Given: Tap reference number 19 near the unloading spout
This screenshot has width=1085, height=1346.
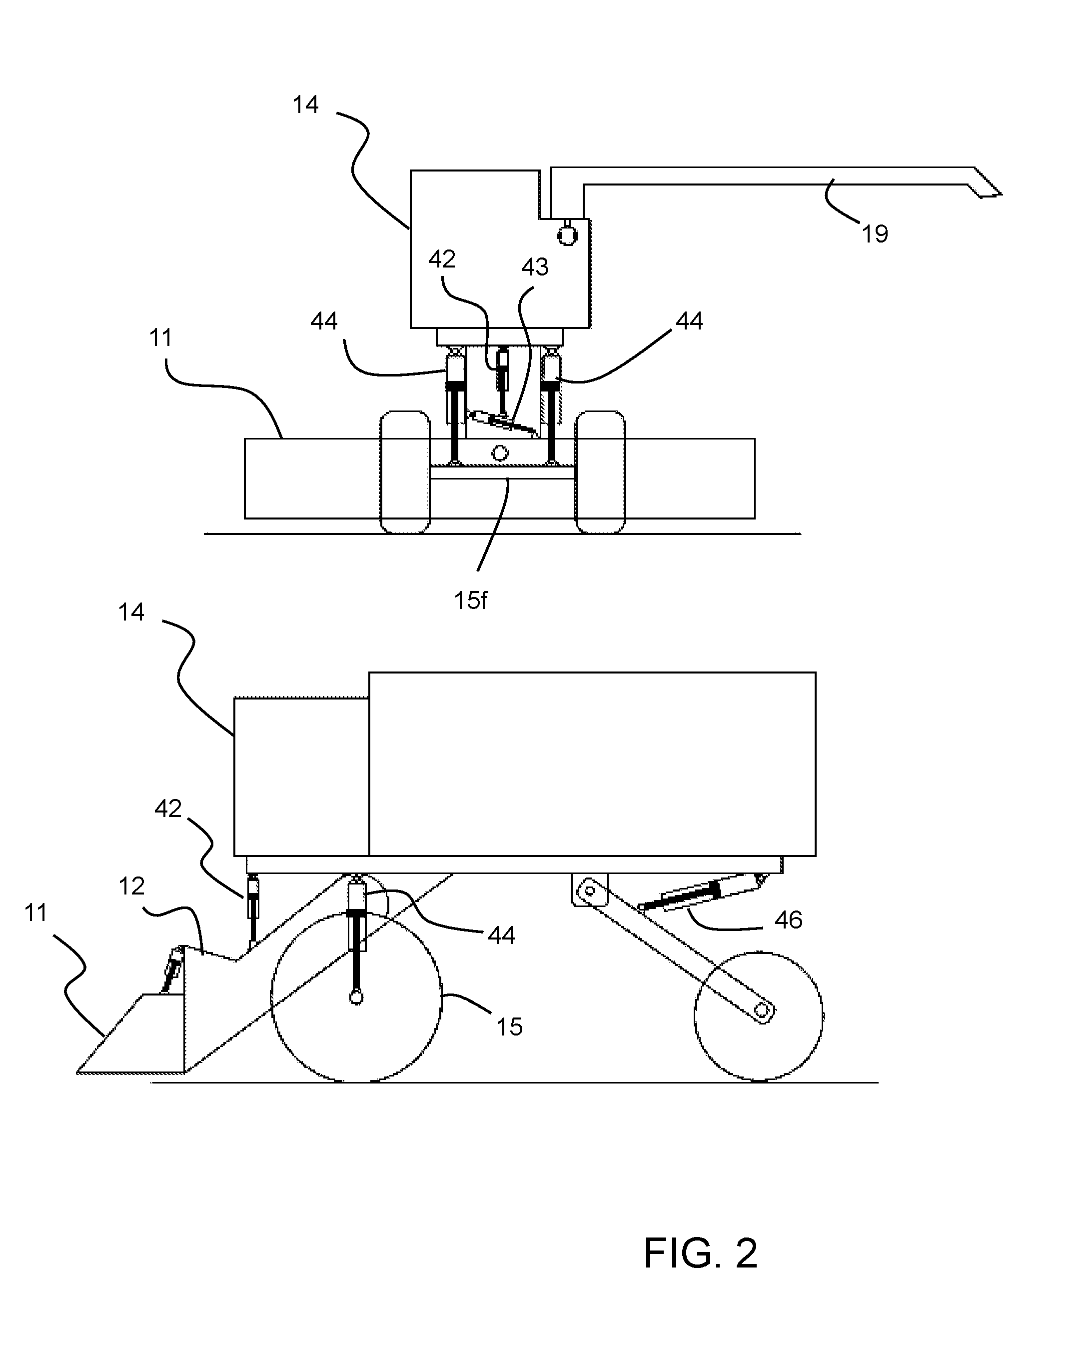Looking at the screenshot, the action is point(875,234).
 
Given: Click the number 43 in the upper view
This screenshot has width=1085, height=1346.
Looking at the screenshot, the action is point(535,267).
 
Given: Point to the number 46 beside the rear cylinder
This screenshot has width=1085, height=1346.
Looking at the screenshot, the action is point(788,919).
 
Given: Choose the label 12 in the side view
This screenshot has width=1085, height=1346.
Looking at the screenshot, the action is point(131,886).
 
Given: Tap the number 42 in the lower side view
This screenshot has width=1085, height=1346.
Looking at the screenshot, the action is point(168,808).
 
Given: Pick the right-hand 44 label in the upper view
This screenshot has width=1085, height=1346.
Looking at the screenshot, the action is point(689,320).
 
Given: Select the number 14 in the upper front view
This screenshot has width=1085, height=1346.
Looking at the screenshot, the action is point(306,104).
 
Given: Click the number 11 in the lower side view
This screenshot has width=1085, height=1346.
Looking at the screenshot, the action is point(35,913).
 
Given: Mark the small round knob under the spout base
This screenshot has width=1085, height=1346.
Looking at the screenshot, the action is point(567,234).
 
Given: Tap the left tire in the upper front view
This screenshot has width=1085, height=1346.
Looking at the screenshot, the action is point(405,472).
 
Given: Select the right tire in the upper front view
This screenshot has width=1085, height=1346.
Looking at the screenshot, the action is point(601,472).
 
